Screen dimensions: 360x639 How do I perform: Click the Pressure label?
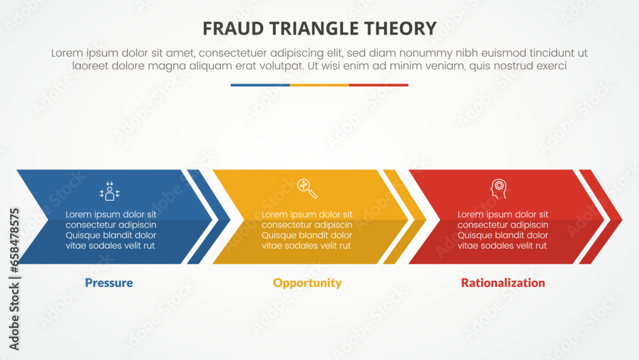[x=109, y=283]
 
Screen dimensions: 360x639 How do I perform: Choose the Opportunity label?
[x=307, y=283]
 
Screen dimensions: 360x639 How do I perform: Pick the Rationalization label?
[x=503, y=283]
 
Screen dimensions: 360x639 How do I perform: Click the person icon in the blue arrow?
[x=110, y=191]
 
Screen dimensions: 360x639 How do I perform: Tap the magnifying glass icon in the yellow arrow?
[x=307, y=189]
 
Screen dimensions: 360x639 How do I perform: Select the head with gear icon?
[x=498, y=189]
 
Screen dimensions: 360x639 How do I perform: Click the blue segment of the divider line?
[x=260, y=85]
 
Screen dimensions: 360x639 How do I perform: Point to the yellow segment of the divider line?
[x=319, y=85]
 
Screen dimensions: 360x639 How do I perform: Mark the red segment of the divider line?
[x=378, y=85]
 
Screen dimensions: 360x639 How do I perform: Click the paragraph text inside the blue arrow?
[x=111, y=230]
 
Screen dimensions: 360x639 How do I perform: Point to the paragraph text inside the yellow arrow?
[x=307, y=230]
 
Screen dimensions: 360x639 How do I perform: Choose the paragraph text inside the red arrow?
[x=503, y=230]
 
